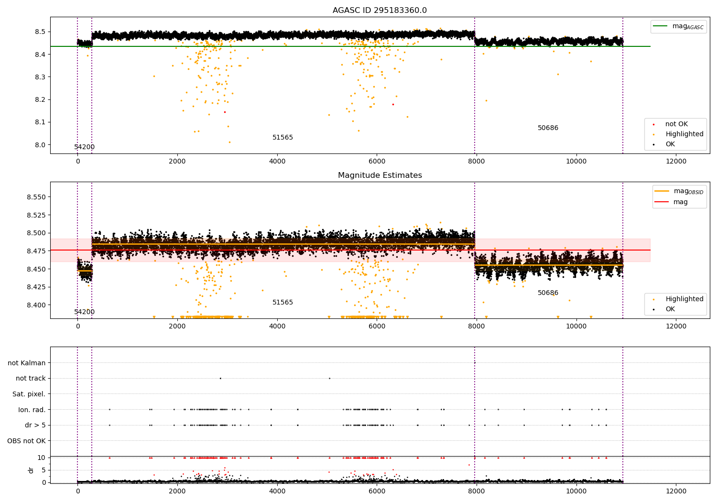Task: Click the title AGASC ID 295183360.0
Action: coord(380,10)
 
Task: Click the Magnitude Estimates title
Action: coord(380,175)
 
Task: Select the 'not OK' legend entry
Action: coord(676,124)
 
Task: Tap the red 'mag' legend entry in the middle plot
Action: coord(680,202)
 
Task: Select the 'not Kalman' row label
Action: coord(27,363)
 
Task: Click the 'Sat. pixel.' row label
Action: coord(29,394)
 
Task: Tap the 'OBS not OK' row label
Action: coord(26,441)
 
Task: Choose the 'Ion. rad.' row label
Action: coord(32,410)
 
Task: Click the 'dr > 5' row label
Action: coord(35,425)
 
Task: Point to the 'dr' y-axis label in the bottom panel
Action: coord(31,470)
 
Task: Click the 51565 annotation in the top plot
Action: coord(282,138)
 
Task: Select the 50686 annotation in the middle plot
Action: coord(548,293)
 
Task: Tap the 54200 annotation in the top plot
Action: coord(84,147)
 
